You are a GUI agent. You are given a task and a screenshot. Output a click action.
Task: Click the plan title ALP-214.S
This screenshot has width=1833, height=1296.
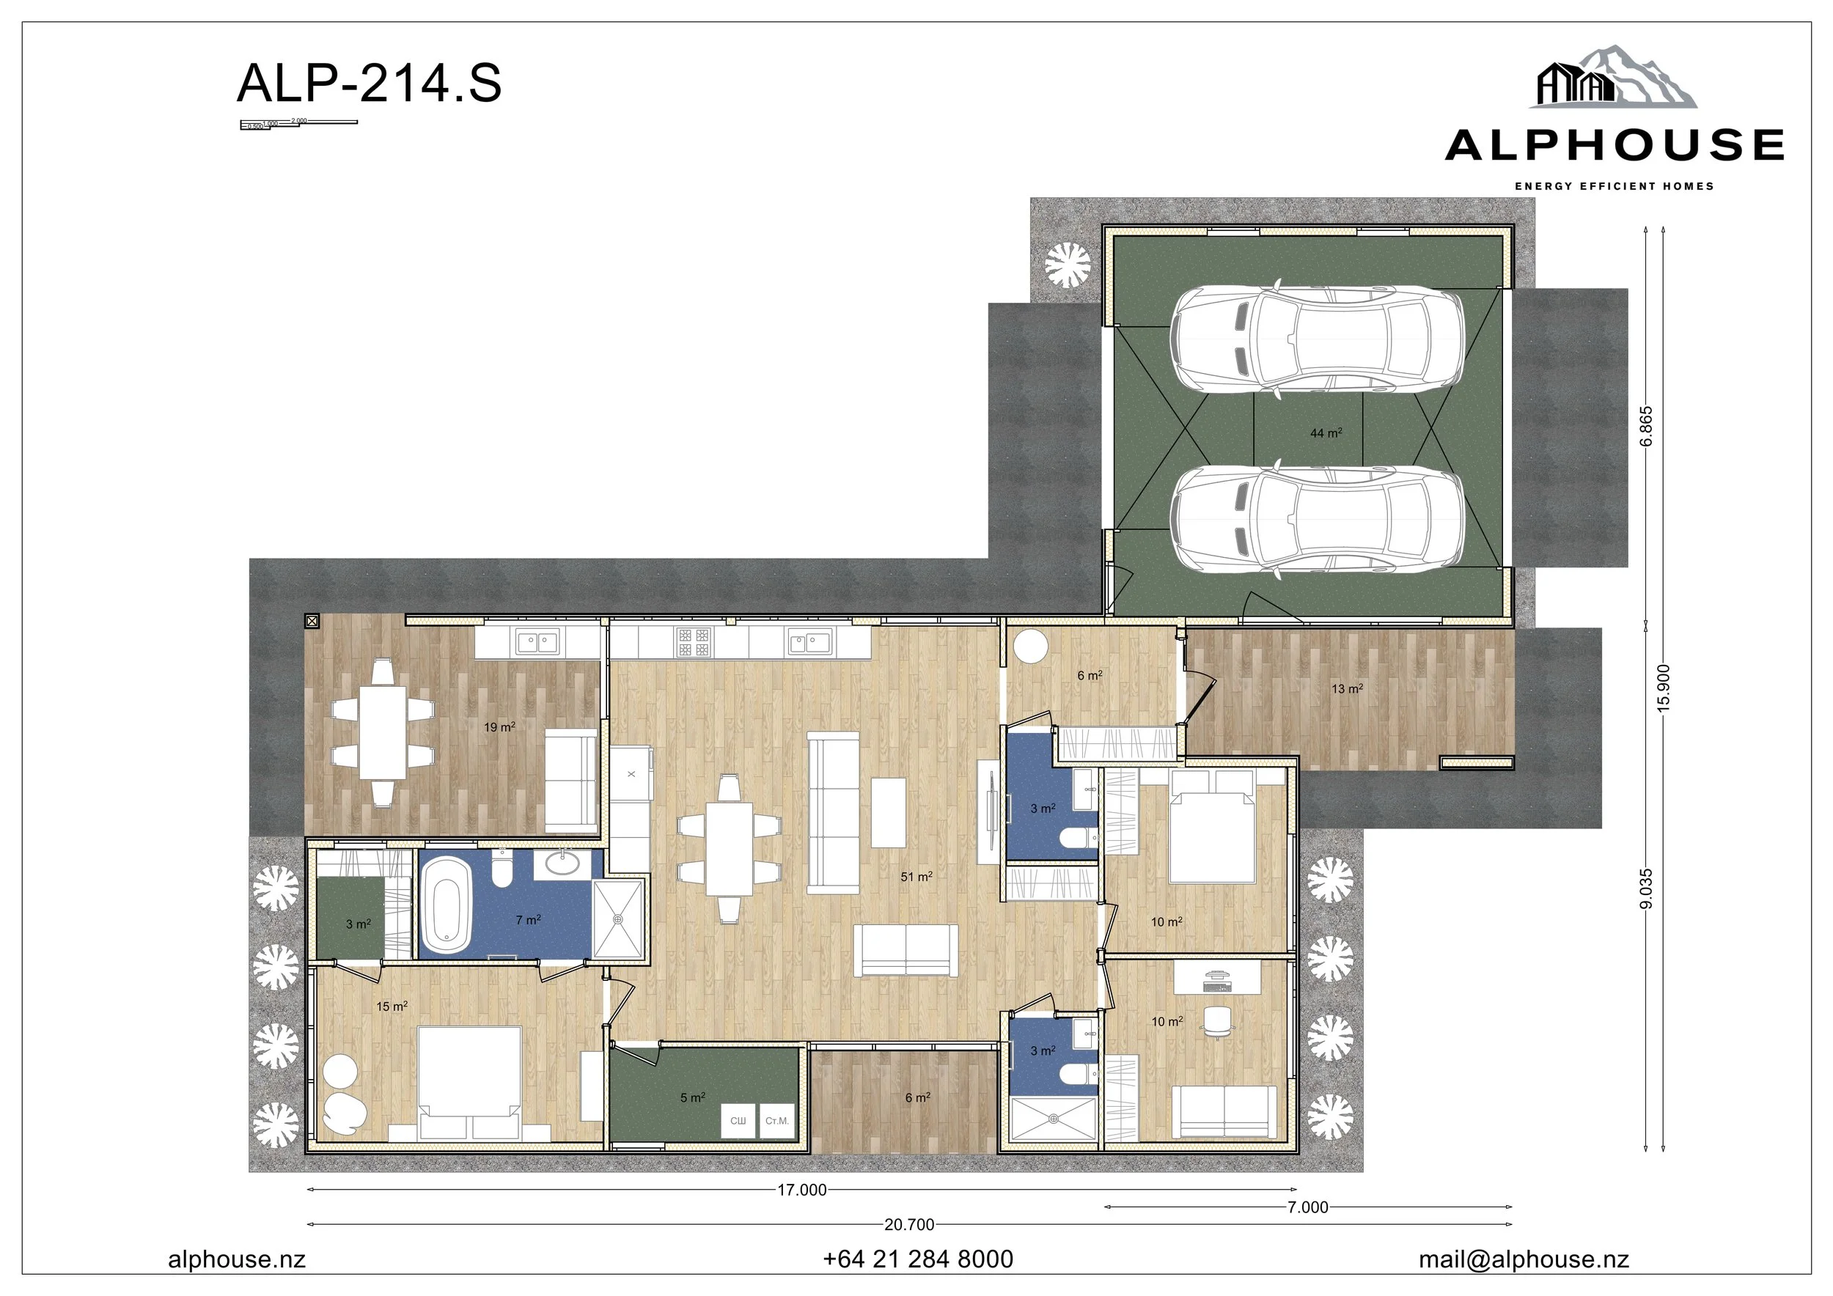click(369, 83)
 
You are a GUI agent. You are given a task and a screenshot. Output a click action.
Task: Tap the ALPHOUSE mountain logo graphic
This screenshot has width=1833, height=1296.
click(1612, 78)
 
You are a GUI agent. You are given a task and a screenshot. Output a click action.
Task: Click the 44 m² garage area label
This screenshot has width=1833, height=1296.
click(1325, 432)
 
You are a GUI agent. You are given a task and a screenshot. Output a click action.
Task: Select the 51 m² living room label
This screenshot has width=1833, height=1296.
click(916, 876)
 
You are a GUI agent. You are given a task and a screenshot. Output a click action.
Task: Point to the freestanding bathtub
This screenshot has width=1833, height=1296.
click(446, 907)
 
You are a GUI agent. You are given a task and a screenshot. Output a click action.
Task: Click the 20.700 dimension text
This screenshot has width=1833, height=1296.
click(908, 1224)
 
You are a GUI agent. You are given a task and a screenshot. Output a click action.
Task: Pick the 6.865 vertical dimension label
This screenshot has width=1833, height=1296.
click(1646, 427)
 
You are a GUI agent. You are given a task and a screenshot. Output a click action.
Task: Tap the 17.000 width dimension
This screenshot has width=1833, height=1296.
click(801, 1190)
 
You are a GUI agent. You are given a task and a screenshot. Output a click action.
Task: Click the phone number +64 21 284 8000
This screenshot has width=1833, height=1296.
click(917, 1259)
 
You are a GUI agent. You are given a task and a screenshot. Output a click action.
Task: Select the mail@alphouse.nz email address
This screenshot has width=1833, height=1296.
click(1524, 1259)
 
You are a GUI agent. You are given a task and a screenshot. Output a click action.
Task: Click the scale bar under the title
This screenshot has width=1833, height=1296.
click(298, 124)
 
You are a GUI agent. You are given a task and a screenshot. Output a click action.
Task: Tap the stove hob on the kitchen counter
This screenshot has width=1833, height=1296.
click(693, 641)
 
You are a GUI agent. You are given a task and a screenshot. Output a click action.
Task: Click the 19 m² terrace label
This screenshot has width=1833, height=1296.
click(499, 727)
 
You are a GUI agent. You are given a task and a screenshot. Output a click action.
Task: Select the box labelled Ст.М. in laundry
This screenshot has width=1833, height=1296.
click(776, 1120)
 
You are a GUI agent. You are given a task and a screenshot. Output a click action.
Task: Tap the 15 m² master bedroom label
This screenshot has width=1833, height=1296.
click(392, 1006)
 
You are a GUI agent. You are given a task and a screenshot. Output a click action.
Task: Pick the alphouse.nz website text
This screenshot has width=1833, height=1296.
click(236, 1259)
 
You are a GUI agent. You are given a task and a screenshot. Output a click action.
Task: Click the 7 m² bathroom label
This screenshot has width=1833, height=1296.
click(528, 920)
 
